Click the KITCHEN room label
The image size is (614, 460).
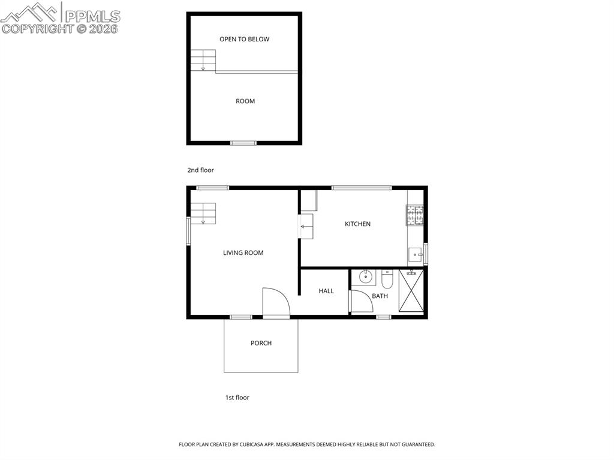(357, 224)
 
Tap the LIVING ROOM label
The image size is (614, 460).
(243, 252)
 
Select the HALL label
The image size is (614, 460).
(326, 291)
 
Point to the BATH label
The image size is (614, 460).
(380, 296)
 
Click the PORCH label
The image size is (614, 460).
(261, 343)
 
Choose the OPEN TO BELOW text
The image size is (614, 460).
(244, 39)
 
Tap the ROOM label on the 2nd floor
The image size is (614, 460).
(245, 101)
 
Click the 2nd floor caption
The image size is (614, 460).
(200, 170)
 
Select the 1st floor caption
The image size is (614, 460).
(237, 398)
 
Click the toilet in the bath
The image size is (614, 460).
(387, 279)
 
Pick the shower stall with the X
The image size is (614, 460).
(411, 291)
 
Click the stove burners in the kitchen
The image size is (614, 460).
(414, 215)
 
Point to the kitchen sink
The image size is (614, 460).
(415, 255)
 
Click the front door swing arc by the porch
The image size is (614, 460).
(276, 302)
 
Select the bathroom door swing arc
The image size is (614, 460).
(362, 302)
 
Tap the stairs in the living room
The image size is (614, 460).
(203, 213)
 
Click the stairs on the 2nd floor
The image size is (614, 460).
(203, 60)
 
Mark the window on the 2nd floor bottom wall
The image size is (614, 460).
(243, 143)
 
